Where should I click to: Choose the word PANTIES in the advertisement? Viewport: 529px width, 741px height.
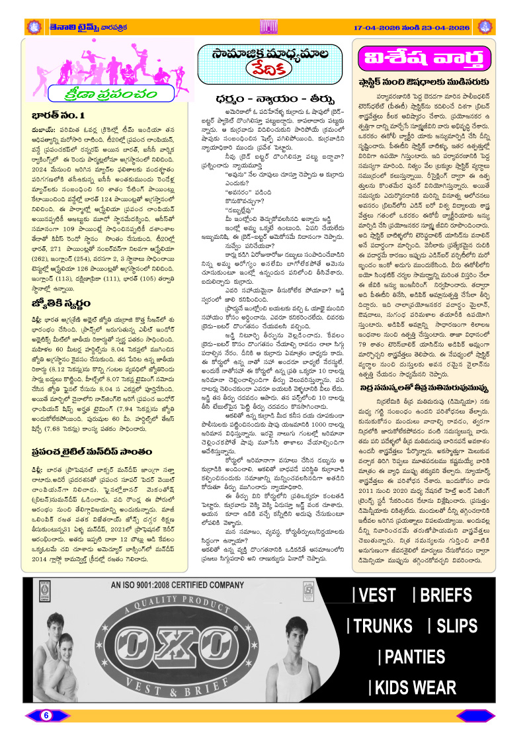415,656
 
